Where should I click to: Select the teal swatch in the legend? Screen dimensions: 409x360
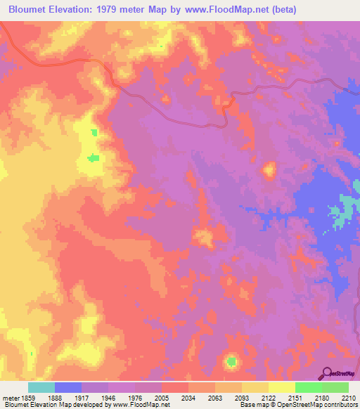[41, 387]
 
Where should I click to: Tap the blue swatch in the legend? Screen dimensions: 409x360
[68, 387]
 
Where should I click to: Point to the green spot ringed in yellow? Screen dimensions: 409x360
[231, 362]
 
